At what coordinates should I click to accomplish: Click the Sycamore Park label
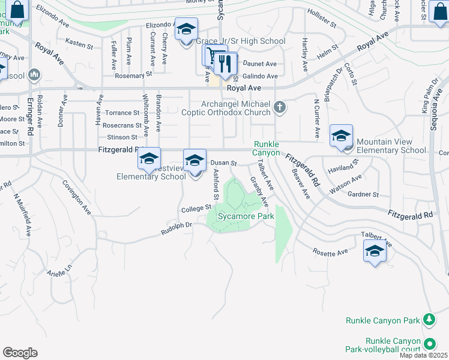(x=241, y=215)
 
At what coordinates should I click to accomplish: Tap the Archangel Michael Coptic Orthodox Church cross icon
(x=279, y=107)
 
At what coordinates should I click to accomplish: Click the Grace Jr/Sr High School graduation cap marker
(x=186, y=28)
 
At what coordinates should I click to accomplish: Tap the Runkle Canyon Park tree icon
(x=429, y=320)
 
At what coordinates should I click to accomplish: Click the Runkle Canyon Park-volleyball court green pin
(x=430, y=344)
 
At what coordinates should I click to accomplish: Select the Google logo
(x=20, y=353)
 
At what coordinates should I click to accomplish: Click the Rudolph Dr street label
(x=176, y=229)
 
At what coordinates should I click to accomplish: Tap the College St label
(x=197, y=208)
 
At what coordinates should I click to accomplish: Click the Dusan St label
(x=224, y=163)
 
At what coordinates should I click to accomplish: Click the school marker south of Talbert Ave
(x=375, y=251)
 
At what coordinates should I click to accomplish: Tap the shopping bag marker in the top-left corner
(x=18, y=10)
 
